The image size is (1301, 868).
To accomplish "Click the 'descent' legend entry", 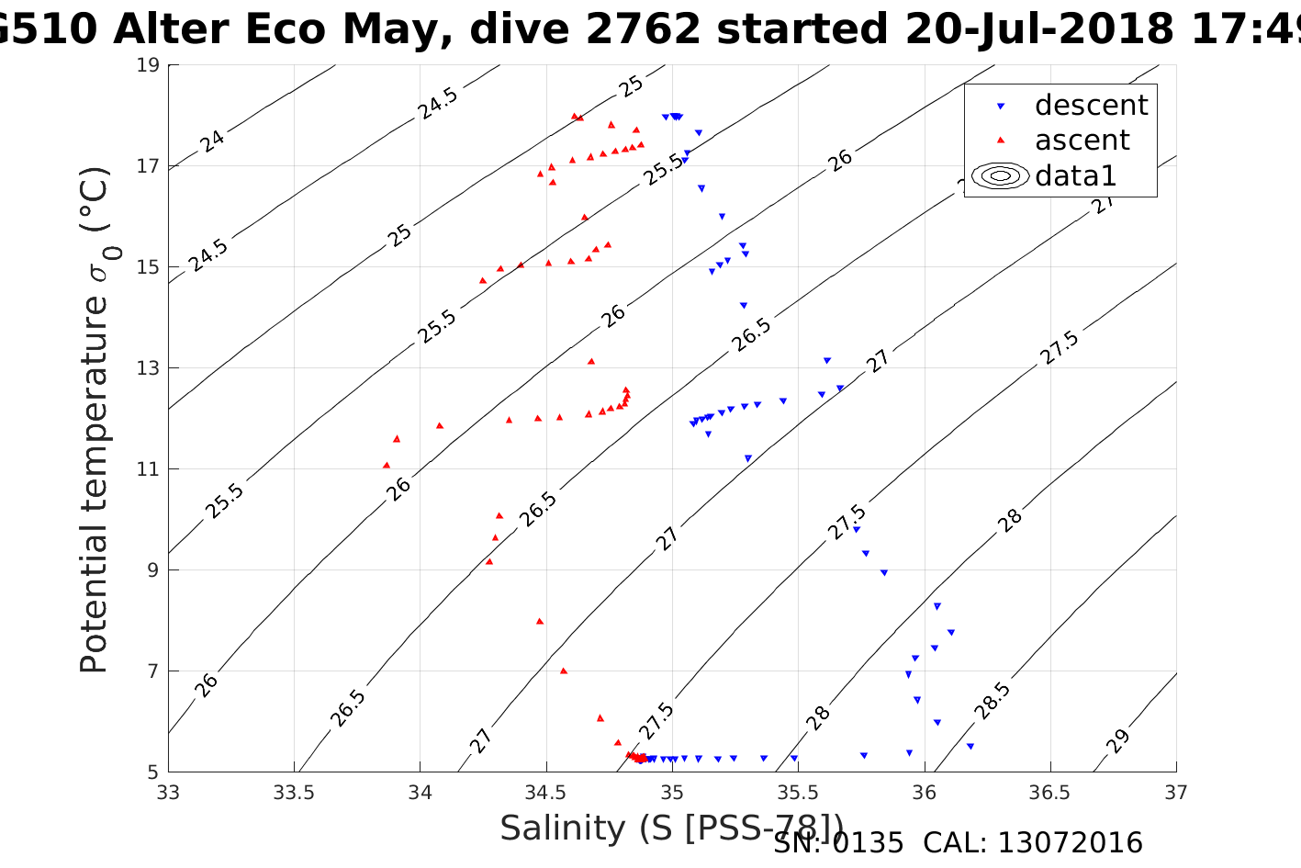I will pyautogui.click(x=1091, y=106).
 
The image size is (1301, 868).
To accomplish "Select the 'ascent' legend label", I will pyautogui.click(x=1082, y=141).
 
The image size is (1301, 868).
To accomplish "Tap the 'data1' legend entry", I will pyautogui.click(x=1075, y=175).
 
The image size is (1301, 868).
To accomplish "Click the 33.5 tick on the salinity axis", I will pyautogui.click(x=294, y=793).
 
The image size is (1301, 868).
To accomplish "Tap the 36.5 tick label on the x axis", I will pyautogui.click(x=1049, y=793).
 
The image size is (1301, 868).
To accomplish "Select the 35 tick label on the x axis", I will pyautogui.click(x=672, y=793).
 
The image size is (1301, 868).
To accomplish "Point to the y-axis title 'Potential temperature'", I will pyautogui.click(x=95, y=419).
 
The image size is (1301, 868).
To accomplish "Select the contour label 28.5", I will pyautogui.click(x=993, y=701).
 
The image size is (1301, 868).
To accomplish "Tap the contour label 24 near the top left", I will pyautogui.click(x=212, y=141).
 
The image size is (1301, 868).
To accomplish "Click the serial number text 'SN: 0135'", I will pyautogui.click(x=838, y=843).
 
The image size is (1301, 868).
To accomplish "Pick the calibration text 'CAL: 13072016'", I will pyautogui.click(x=1033, y=843).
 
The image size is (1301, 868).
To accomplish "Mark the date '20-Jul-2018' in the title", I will pyautogui.click(x=1038, y=30).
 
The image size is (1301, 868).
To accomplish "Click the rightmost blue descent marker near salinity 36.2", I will pyautogui.click(x=970, y=746).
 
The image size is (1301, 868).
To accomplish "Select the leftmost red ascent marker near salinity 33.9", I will pyautogui.click(x=387, y=465).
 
